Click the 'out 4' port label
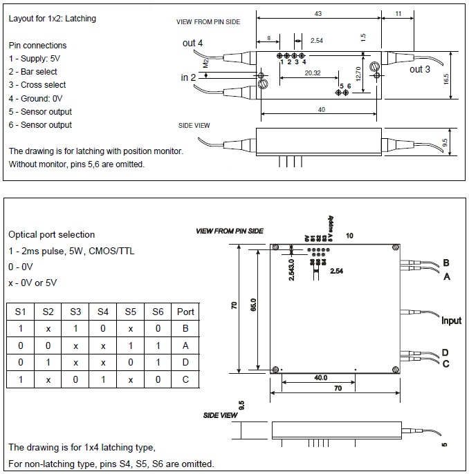coord(193,43)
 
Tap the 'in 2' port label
coord(189,77)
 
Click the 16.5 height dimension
coord(446,78)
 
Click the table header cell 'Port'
coord(185,312)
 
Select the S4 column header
coord(103,312)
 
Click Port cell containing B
coord(185,329)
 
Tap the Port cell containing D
coord(185,363)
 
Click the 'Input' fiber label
coord(451,321)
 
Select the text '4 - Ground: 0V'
coord(37,98)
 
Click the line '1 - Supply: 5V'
coord(36,59)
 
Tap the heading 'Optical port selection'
coord(51,234)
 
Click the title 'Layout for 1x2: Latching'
coord(52,19)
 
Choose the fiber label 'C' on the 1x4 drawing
coord(445,363)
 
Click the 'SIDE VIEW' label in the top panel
coord(194,125)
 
